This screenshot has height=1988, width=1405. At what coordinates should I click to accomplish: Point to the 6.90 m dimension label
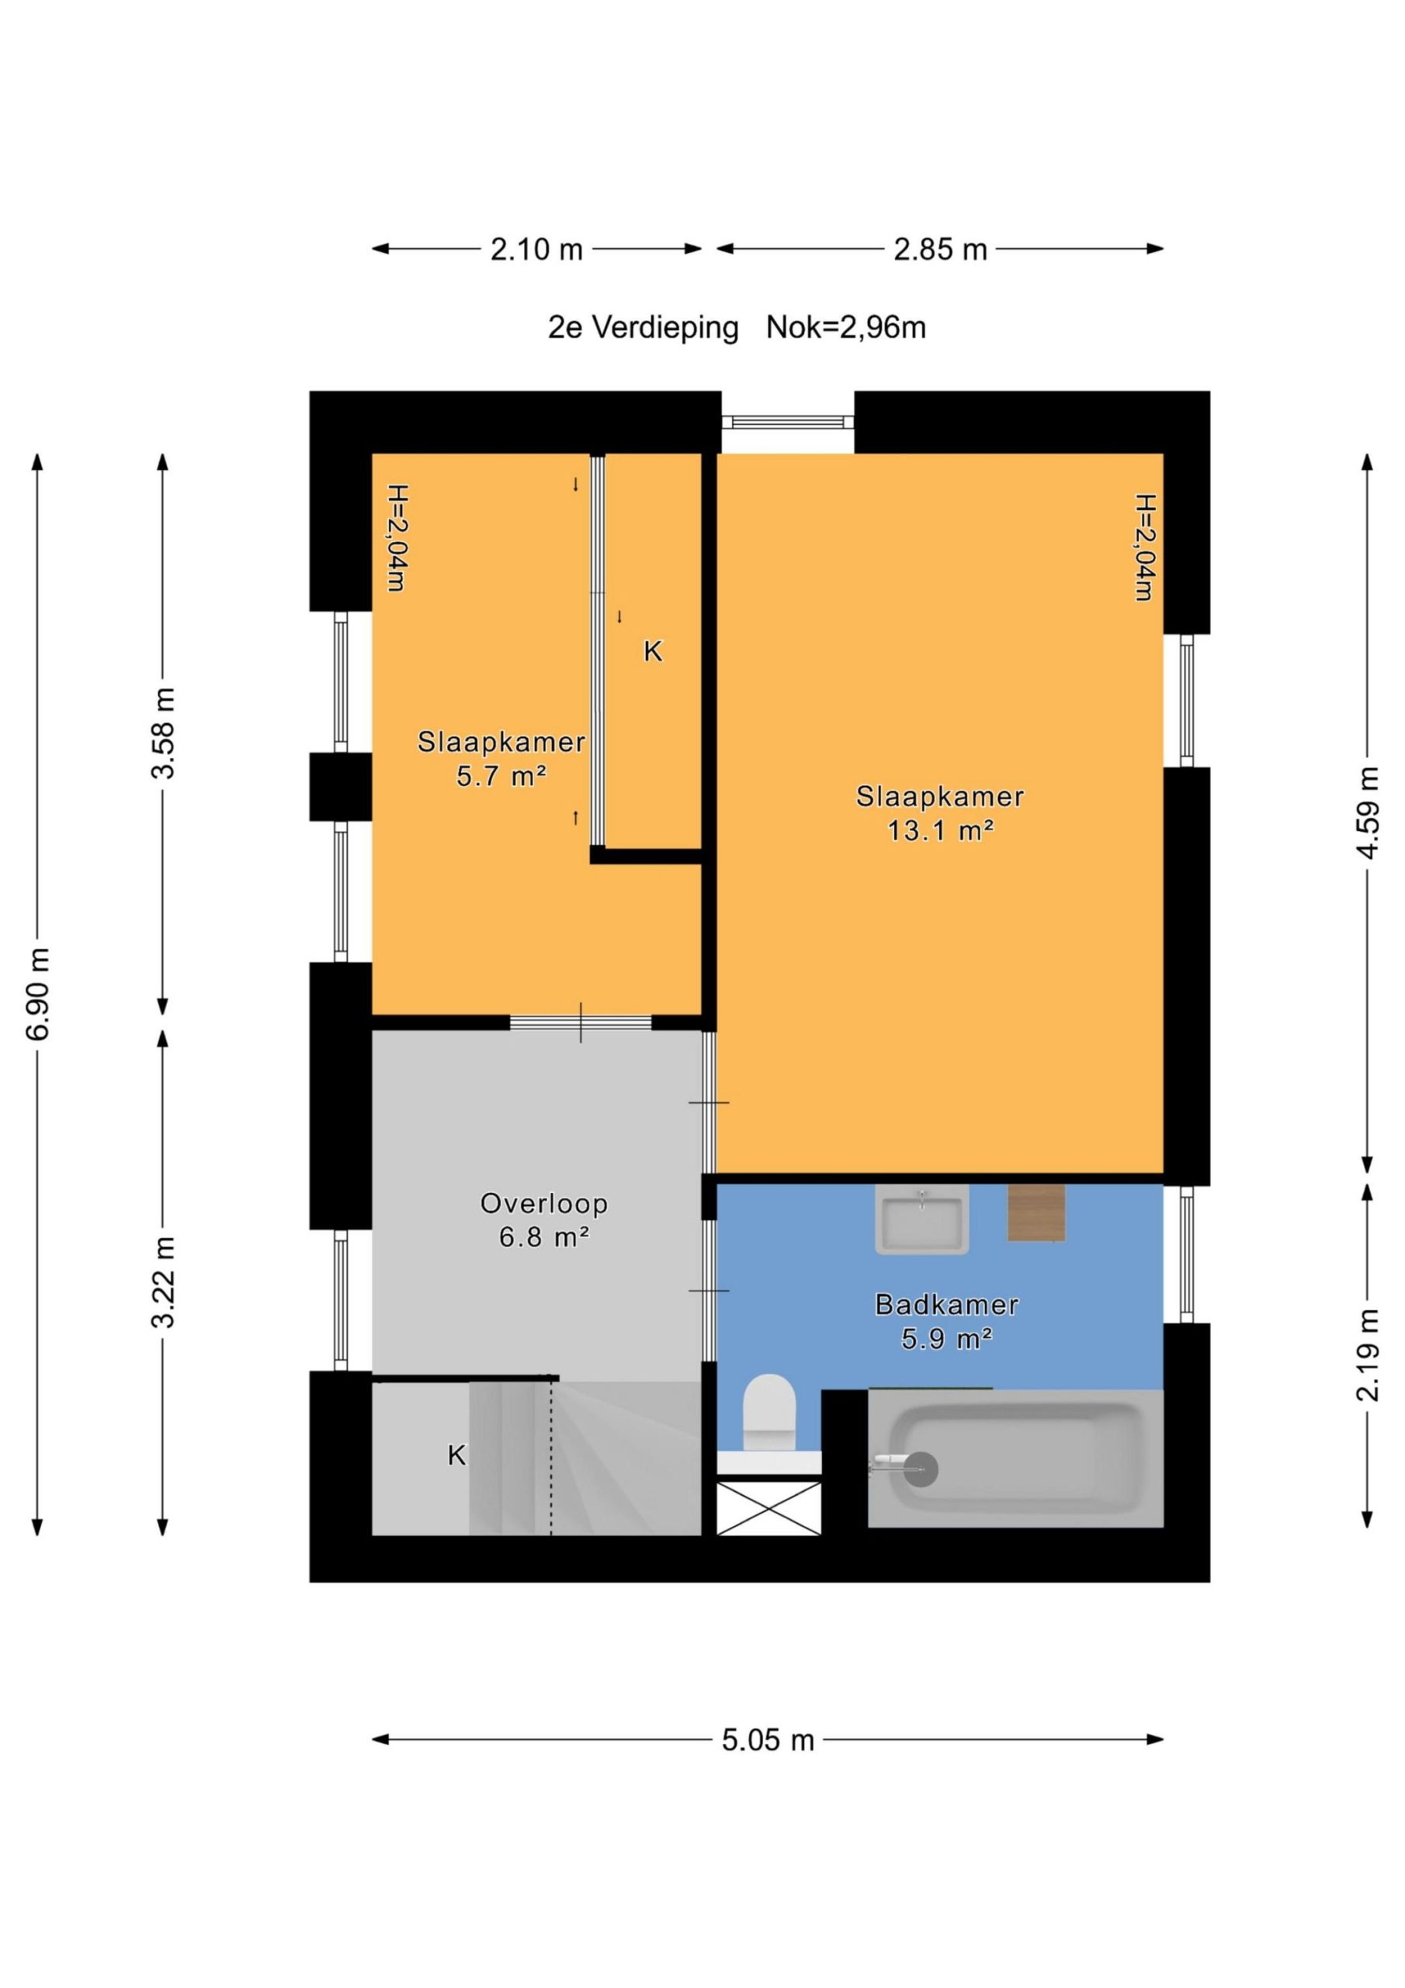pos(39,994)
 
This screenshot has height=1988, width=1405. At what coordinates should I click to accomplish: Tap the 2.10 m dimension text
pos(536,249)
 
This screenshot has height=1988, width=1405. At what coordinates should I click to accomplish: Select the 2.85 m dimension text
pos(940,249)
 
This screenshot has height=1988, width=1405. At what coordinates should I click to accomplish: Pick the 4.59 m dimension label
pos(1367,812)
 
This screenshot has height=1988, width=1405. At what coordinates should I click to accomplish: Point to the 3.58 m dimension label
pos(163,733)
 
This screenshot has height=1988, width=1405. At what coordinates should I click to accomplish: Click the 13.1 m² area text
pos(940,831)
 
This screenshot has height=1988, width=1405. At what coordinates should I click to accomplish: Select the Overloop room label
pos(543,1204)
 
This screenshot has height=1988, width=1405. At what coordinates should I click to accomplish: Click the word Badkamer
pos(946,1304)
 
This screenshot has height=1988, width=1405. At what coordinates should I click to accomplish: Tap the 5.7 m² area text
pos(501,776)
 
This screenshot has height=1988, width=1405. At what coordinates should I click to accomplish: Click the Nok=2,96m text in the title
pos(846,327)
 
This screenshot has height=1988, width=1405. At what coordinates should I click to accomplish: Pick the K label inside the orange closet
pos(653,651)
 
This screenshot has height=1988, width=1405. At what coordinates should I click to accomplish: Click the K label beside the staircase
pos(456,1455)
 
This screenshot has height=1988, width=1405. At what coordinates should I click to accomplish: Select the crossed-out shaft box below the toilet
pos(768,1508)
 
